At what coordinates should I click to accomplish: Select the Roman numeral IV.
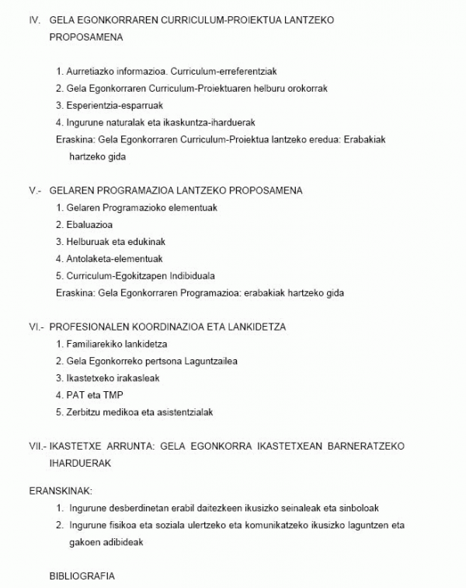pos(34,19)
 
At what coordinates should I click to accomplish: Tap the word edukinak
pos(144,242)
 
